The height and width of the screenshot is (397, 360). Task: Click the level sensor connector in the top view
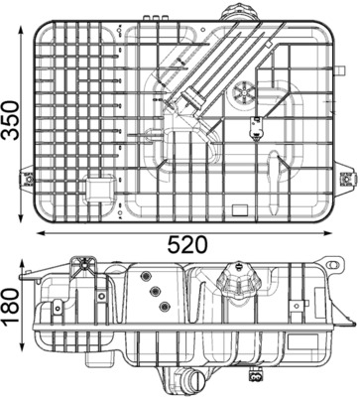(x=256, y=126)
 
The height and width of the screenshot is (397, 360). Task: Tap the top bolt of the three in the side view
(x=145, y=275)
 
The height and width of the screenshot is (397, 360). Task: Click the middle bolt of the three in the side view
(x=154, y=289)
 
